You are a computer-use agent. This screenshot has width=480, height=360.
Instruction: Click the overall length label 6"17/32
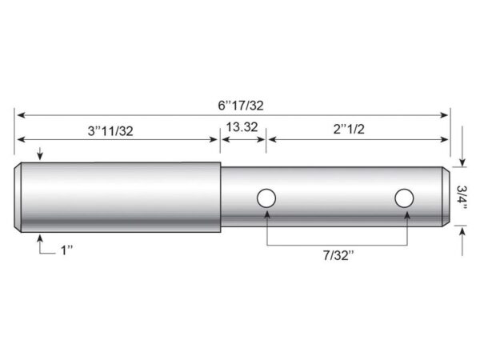241,106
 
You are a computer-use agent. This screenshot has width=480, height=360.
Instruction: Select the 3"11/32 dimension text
110,131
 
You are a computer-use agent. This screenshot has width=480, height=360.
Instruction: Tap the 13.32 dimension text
242,126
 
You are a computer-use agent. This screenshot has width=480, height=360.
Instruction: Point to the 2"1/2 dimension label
349,129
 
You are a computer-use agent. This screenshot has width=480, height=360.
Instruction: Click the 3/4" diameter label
462,198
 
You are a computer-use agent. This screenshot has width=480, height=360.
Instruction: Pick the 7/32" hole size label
338,255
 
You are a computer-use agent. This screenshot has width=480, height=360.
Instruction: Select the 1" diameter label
66,250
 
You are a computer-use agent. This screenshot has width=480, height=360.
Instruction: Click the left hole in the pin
266,198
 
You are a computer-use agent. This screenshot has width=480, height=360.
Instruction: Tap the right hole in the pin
404,198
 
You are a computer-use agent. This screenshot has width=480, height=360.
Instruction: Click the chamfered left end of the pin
18,197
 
